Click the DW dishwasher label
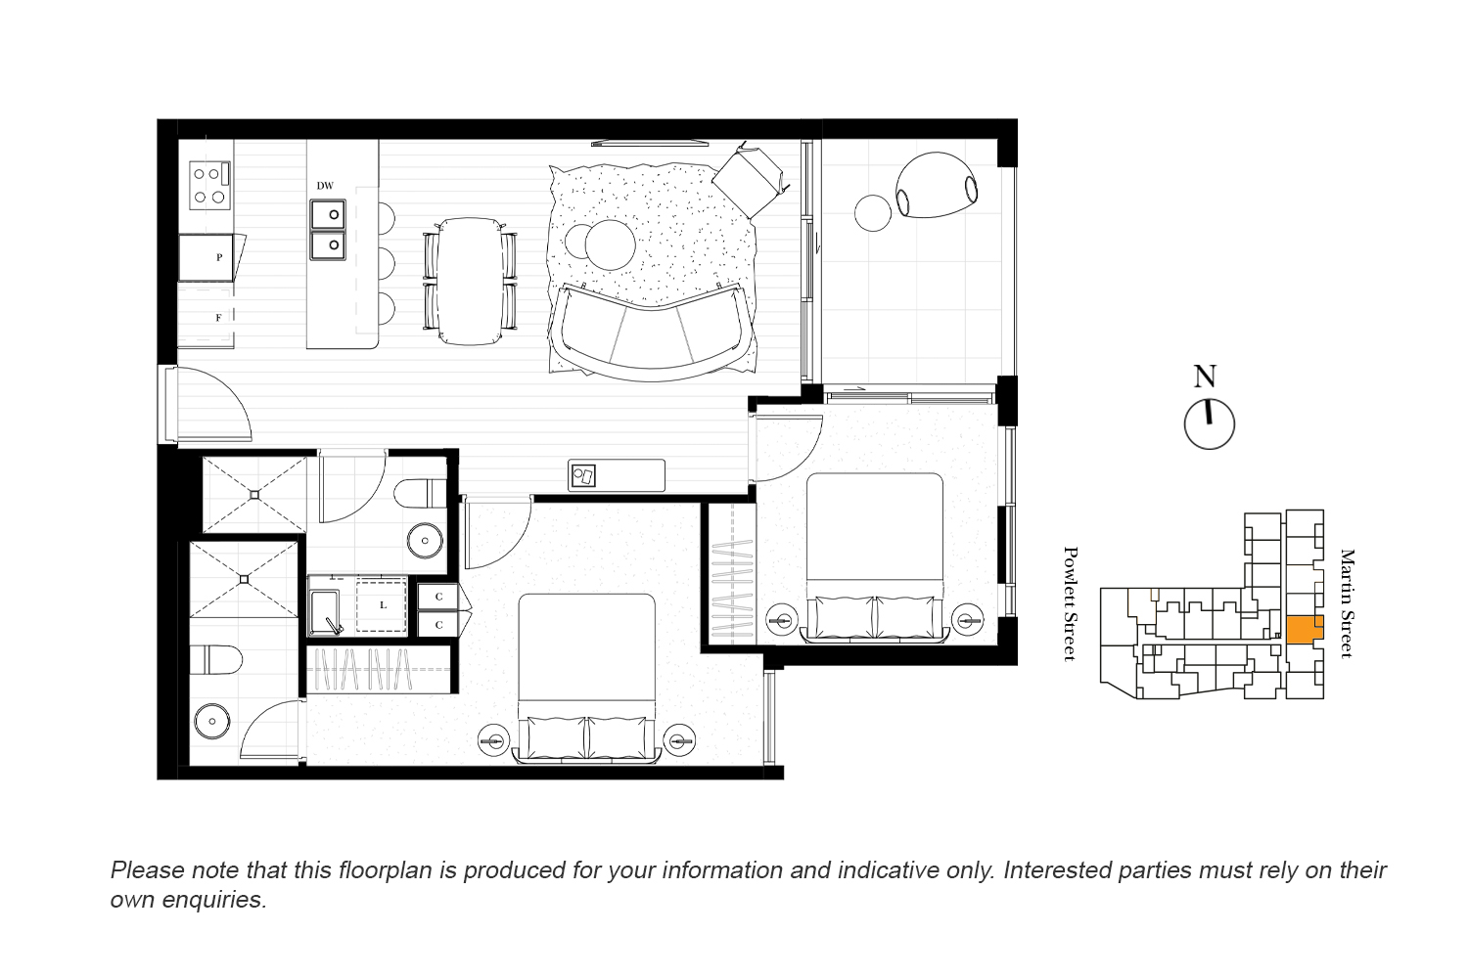(325, 186)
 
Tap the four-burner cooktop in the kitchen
(210, 186)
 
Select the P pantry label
(219, 257)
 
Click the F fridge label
(219, 318)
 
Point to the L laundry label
(384, 605)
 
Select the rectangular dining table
(471, 281)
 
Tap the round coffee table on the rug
(610, 245)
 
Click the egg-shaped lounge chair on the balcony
(937, 185)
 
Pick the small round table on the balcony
(874, 213)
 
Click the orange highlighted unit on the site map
(1305, 630)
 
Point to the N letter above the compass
(1205, 377)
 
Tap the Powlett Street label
(1070, 604)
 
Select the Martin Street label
(1348, 603)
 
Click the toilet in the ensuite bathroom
(216, 660)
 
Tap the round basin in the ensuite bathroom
(212, 721)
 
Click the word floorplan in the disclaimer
(385, 870)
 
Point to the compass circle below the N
(1209, 424)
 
